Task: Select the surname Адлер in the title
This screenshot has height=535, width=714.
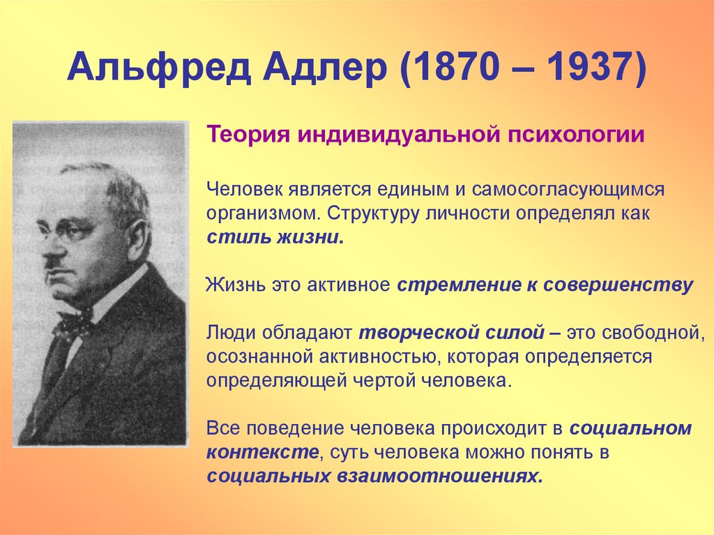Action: tap(324, 68)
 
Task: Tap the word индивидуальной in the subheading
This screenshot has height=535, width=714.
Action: tap(400, 135)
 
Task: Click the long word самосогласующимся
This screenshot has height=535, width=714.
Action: tap(568, 190)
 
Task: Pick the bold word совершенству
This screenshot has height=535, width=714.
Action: tap(618, 285)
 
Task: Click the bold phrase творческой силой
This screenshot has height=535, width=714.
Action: tap(451, 333)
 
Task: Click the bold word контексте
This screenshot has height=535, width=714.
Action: tap(262, 453)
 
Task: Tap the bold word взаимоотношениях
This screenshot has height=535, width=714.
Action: tap(439, 476)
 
